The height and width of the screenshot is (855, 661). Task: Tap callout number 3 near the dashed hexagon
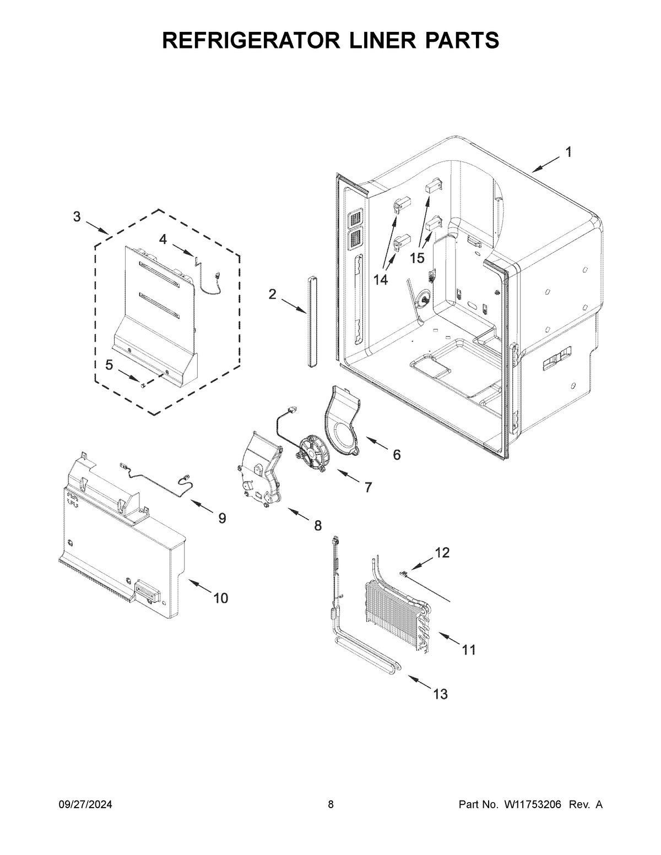tap(77, 216)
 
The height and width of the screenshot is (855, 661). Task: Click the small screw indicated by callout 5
tap(142, 386)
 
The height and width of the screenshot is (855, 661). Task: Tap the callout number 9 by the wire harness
tap(221, 518)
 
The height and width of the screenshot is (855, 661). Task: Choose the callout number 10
tap(220, 598)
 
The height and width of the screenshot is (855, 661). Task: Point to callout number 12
tap(442, 552)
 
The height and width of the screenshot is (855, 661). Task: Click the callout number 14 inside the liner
tap(380, 280)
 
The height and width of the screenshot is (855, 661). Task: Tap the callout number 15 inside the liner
tap(417, 258)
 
